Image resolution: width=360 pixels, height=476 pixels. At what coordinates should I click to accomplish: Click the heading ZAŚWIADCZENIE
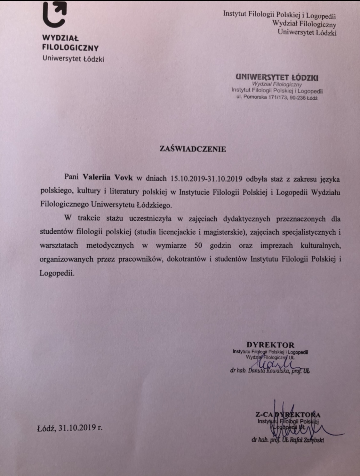pos(193,149)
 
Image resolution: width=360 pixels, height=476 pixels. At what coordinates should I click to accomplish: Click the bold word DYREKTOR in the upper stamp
pos(270,345)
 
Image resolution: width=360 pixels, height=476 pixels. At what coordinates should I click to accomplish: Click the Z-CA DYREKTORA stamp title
pos(288,415)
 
